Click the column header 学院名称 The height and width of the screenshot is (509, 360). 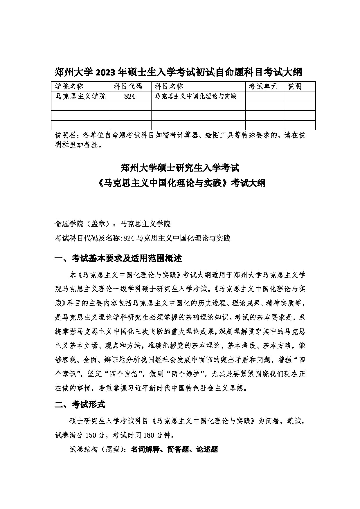[x=69, y=86]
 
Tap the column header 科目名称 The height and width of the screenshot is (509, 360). [x=169, y=86]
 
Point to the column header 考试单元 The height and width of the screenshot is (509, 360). [x=263, y=86]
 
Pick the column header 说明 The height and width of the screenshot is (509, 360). [x=294, y=86]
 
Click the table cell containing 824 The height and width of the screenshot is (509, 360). [x=129, y=96]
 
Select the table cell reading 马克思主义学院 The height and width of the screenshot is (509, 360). [x=80, y=96]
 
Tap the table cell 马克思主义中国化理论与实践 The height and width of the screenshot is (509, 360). [x=196, y=96]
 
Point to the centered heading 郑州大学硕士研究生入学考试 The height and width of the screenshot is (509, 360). [x=180, y=168]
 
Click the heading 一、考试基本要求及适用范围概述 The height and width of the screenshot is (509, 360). [x=118, y=258]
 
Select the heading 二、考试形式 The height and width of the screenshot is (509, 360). [x=80, y=405]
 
